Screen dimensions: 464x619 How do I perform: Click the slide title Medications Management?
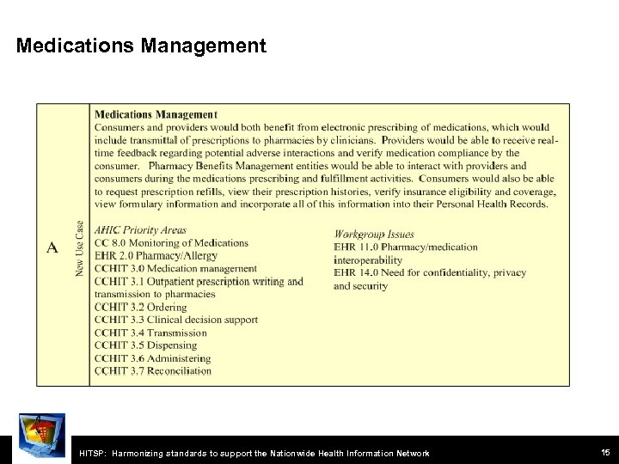pos(141,46)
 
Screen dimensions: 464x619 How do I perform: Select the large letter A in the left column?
pos(52,247)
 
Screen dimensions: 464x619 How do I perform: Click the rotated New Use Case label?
pos(79,248)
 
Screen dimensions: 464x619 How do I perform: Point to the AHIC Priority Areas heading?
pos(140,230)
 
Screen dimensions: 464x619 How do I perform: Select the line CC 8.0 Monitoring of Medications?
pos(171,243)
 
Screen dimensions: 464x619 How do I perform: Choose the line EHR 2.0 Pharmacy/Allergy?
pos(156,255)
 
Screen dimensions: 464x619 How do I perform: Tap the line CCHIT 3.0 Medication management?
pos(175,268)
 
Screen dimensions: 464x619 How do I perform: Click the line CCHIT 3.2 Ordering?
pos(140,307)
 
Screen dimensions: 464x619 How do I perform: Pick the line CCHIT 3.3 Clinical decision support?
pos(175,320)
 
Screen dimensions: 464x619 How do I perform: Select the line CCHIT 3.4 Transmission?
pos(150,333)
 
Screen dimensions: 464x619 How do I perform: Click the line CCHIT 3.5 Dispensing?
pos(148,345)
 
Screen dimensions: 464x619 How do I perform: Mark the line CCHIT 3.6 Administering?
pos(152,358)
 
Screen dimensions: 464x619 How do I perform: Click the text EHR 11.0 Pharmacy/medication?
pos(405,247)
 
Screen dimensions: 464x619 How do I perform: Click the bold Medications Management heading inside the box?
pos(156,114)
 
